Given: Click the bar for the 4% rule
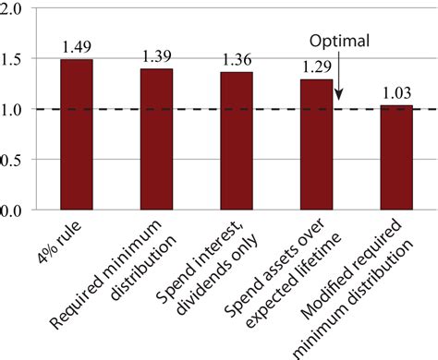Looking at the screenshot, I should [x=77, y=135].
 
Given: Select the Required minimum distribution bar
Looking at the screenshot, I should [x=156, y=139].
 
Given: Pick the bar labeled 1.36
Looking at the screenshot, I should [x=236, y=141].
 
